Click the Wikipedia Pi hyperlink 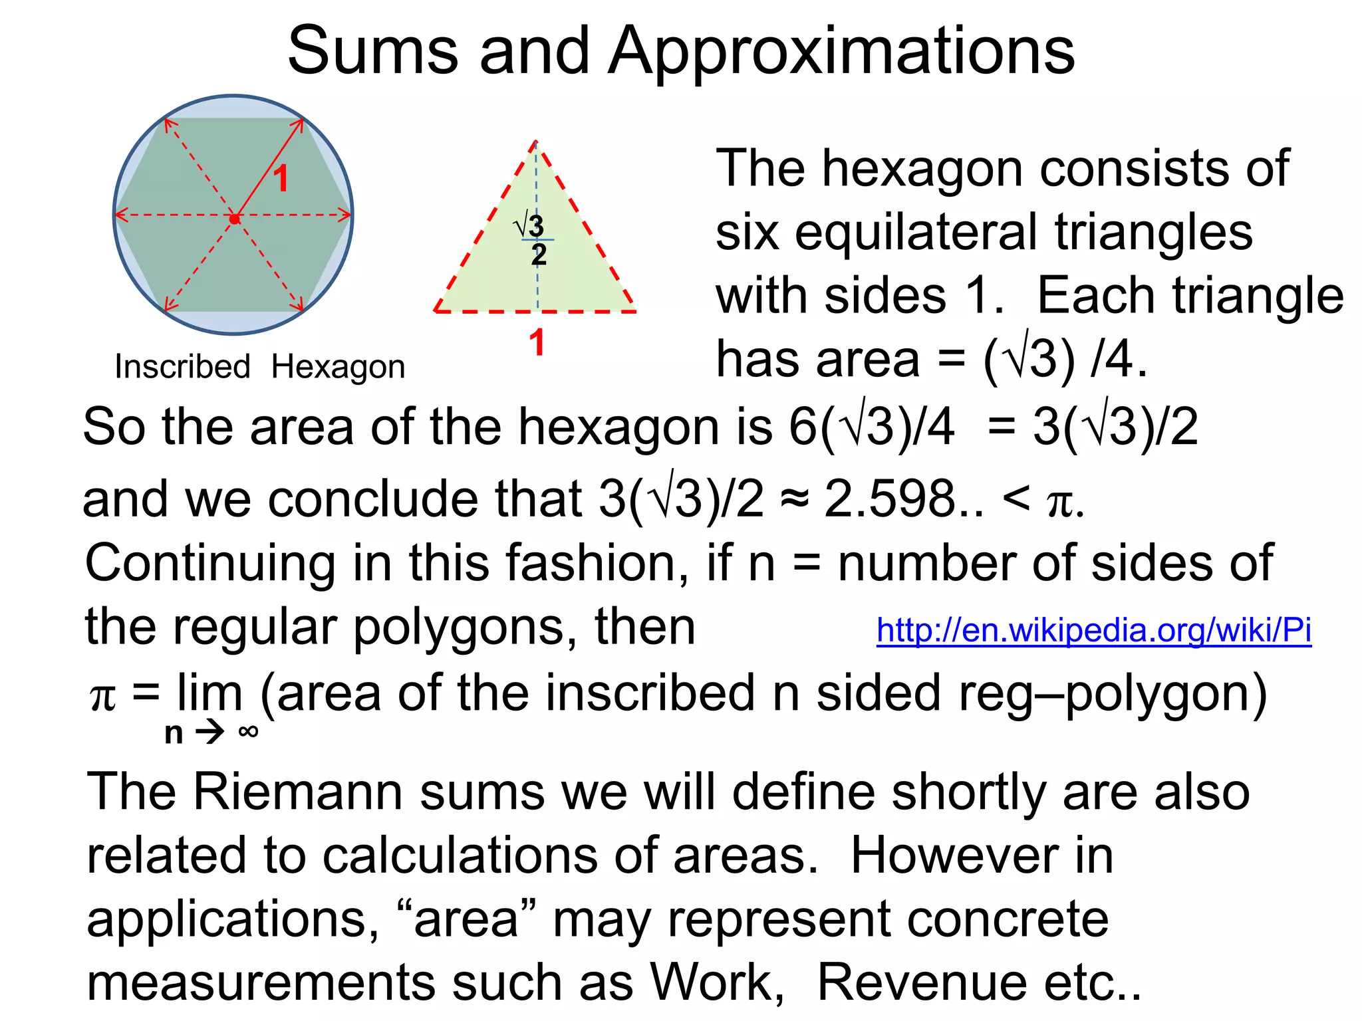point(1093,630)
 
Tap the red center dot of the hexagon point(234,218)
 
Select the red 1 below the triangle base point(537,343)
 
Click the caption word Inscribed point(182,367)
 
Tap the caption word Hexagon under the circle point(338,367)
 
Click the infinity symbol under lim point(248,732)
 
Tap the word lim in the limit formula point(209,693)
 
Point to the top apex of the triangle point(536,142)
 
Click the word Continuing point(210,563)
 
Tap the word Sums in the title point(372,52)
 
